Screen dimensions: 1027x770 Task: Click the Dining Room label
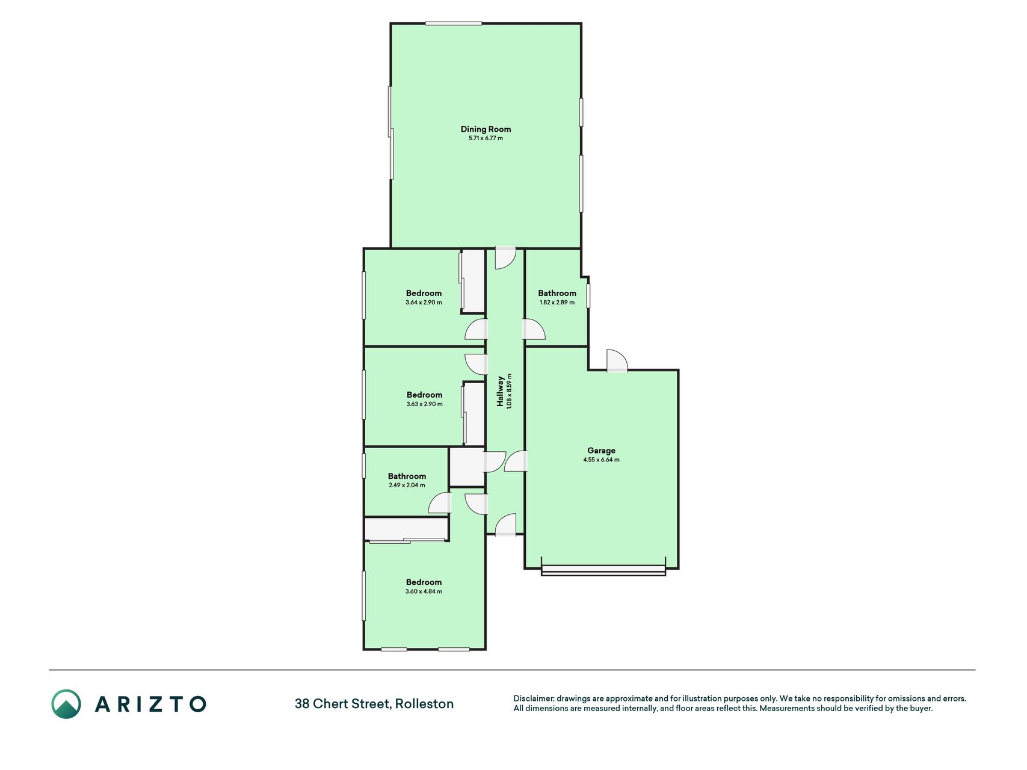486,129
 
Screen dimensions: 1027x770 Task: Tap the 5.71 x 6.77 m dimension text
486,138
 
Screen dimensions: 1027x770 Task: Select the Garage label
601,451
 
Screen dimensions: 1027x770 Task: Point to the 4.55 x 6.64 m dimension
601,460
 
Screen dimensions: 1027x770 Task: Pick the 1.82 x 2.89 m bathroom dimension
557,303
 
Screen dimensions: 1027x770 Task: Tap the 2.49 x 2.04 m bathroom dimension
407,485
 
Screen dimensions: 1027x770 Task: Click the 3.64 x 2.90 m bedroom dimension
424,303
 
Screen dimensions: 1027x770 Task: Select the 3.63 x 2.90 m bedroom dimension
424,404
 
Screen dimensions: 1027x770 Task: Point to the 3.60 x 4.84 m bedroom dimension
424,591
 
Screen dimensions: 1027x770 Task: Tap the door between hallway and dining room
505,258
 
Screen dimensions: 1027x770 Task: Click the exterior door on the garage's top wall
617,360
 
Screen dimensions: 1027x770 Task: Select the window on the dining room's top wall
454,23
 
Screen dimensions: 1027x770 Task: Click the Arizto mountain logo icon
66,704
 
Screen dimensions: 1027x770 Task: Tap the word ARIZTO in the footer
150,704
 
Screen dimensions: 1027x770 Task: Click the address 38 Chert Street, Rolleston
374,704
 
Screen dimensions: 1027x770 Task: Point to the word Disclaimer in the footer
534,699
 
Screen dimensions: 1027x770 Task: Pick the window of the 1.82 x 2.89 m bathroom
588,296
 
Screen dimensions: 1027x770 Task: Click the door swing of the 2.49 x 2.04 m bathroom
440,503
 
